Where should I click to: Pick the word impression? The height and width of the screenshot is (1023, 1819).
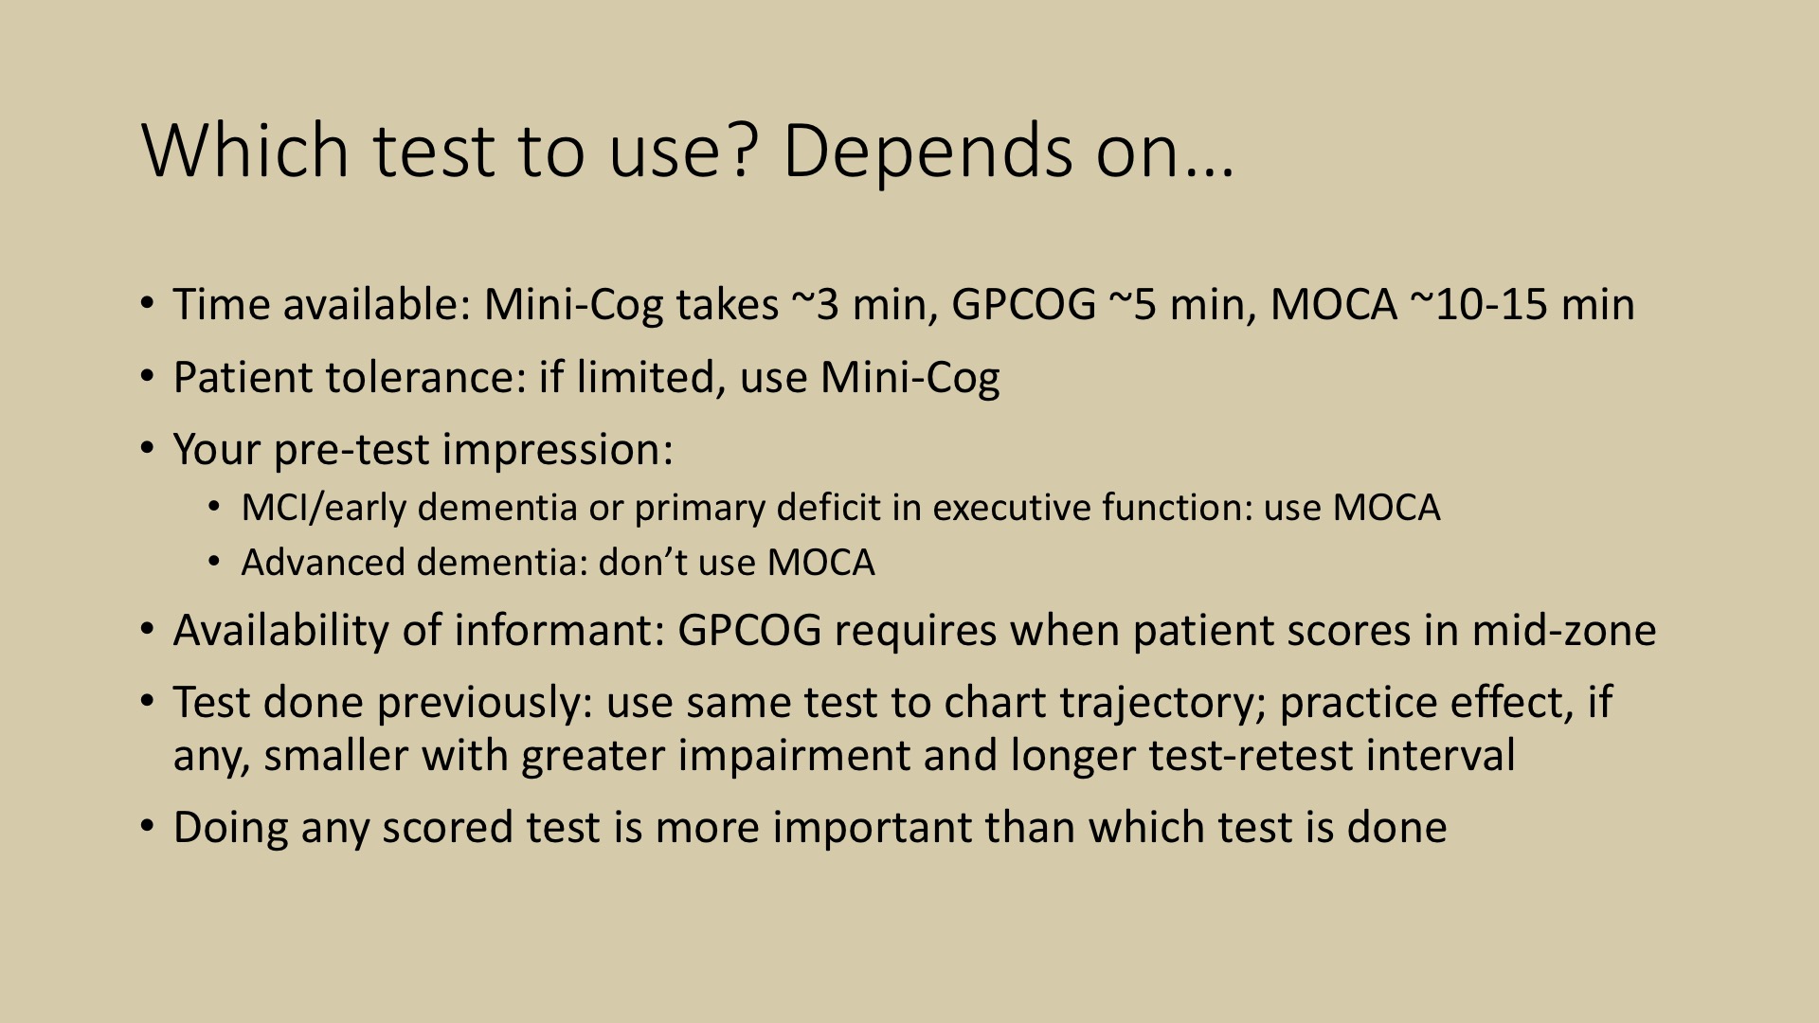click(x=557, y=450)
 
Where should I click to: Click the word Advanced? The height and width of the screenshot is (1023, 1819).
click(x=322, y=563)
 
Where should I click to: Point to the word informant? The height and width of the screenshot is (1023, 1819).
click(x=560, y=631)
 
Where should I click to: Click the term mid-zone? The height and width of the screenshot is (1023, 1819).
click(x=1563, y=631)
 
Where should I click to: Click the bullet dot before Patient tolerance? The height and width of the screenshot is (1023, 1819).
click(x=147, y=377)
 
